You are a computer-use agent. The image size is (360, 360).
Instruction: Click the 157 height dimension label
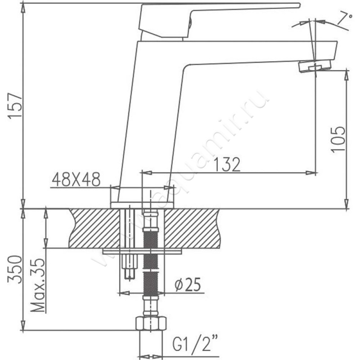(x=15, y=106)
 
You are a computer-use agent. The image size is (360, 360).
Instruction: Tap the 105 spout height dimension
(x=338, y=139)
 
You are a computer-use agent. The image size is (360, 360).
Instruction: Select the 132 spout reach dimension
(x=227, y=164)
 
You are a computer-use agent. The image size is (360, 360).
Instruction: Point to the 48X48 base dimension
(x=76, y=179)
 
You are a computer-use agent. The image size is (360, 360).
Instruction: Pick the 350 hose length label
(x=15, y=269)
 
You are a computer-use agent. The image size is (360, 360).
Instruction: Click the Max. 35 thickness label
(x=38, y=285)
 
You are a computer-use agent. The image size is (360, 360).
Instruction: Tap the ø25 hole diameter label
(x=188, y=284)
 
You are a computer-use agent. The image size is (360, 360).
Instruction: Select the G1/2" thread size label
(x=195, y=343)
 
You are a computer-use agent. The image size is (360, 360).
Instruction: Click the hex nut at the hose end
(x=151, y=324)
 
